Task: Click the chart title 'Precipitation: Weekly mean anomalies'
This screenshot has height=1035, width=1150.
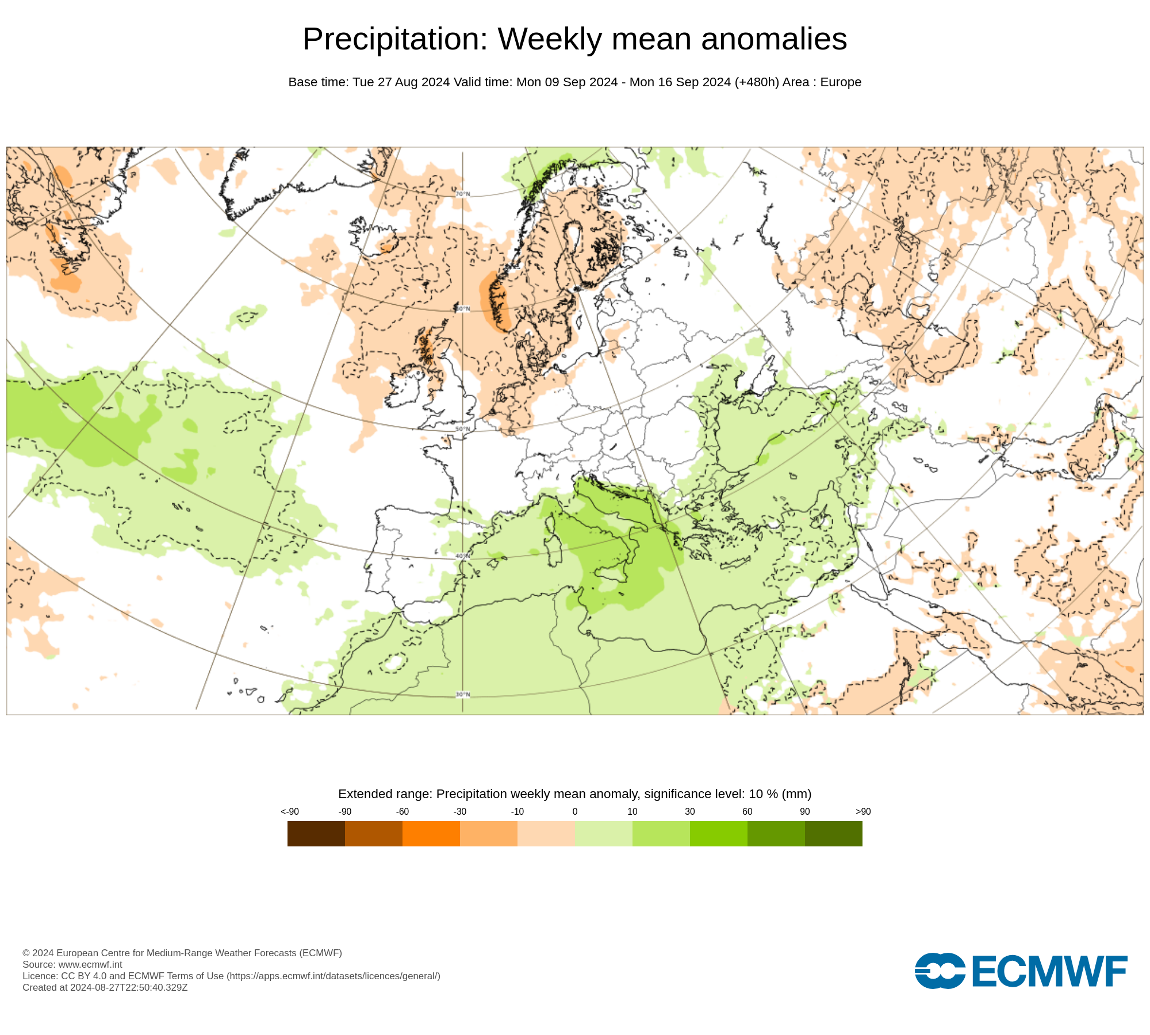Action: click(574, 39)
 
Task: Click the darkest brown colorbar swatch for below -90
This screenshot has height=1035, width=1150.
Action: click(316, 833)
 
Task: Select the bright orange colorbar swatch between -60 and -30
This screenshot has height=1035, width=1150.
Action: click(431, 833)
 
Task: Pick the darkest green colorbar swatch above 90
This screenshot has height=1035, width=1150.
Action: click(833, 833)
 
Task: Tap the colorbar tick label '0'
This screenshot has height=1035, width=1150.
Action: click(574, 811)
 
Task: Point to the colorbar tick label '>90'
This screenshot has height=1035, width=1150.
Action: click(862, 811)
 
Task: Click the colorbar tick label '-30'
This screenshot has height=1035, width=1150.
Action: click(459, 811)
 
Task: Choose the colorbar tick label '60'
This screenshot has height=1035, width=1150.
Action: click(747, 811)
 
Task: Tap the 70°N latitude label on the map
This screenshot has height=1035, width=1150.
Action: click(463, 194)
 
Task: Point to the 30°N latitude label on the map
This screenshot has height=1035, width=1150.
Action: click(463, 695)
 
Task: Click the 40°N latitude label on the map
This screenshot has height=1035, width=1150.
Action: click(463, 556)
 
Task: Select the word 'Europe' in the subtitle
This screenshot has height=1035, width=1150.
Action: click(841, 82)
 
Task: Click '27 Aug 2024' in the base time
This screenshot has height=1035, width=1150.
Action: click(413, 82)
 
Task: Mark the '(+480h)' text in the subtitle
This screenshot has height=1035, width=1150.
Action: click(757, 82)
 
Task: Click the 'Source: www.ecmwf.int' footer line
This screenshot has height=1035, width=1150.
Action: click(72, 964)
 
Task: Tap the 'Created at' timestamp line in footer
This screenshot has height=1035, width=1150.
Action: click(105, 987)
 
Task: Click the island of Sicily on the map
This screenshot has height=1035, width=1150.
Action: click(609, 572)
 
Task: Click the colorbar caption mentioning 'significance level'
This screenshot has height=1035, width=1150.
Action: click(574, 794)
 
